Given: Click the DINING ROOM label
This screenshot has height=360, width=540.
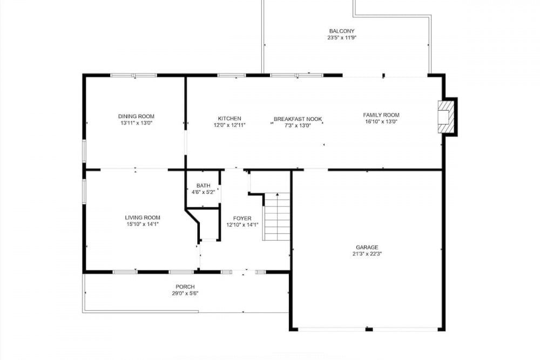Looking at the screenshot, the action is click(136, 117).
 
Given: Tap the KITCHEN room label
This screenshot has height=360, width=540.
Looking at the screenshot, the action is click(230, 119).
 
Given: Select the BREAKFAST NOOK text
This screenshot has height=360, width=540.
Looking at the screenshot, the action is click(298, 119).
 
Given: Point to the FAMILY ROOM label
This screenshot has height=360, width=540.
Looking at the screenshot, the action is click(381, 115).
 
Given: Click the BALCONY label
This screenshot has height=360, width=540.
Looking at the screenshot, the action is click(342, 31).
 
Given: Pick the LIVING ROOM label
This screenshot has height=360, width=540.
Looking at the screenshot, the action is click(143, 218).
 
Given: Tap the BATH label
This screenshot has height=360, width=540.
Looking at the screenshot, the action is click(203, 186).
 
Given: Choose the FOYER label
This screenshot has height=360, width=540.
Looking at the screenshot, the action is click(242, 219).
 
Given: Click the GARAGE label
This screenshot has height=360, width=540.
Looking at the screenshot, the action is click(367, 247).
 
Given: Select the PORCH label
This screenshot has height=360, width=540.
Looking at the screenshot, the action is click(185, 287).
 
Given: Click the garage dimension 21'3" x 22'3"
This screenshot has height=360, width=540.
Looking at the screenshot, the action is click(367, 254).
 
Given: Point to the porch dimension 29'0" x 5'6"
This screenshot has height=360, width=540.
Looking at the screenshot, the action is click(185, 294).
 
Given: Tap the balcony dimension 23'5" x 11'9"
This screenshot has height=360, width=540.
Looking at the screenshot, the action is click(342, 38).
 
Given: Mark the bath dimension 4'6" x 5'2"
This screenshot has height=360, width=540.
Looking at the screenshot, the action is click(203, 192).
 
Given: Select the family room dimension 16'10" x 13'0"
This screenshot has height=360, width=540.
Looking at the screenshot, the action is click(381, 121).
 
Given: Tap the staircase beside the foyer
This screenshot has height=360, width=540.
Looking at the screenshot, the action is click(276, 216).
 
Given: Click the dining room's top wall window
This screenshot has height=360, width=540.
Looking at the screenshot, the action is click(133, 75).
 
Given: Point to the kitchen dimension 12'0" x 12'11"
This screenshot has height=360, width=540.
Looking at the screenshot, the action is click(230, 125).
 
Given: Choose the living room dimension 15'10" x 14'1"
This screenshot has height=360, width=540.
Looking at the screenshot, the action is click(143, 224).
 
